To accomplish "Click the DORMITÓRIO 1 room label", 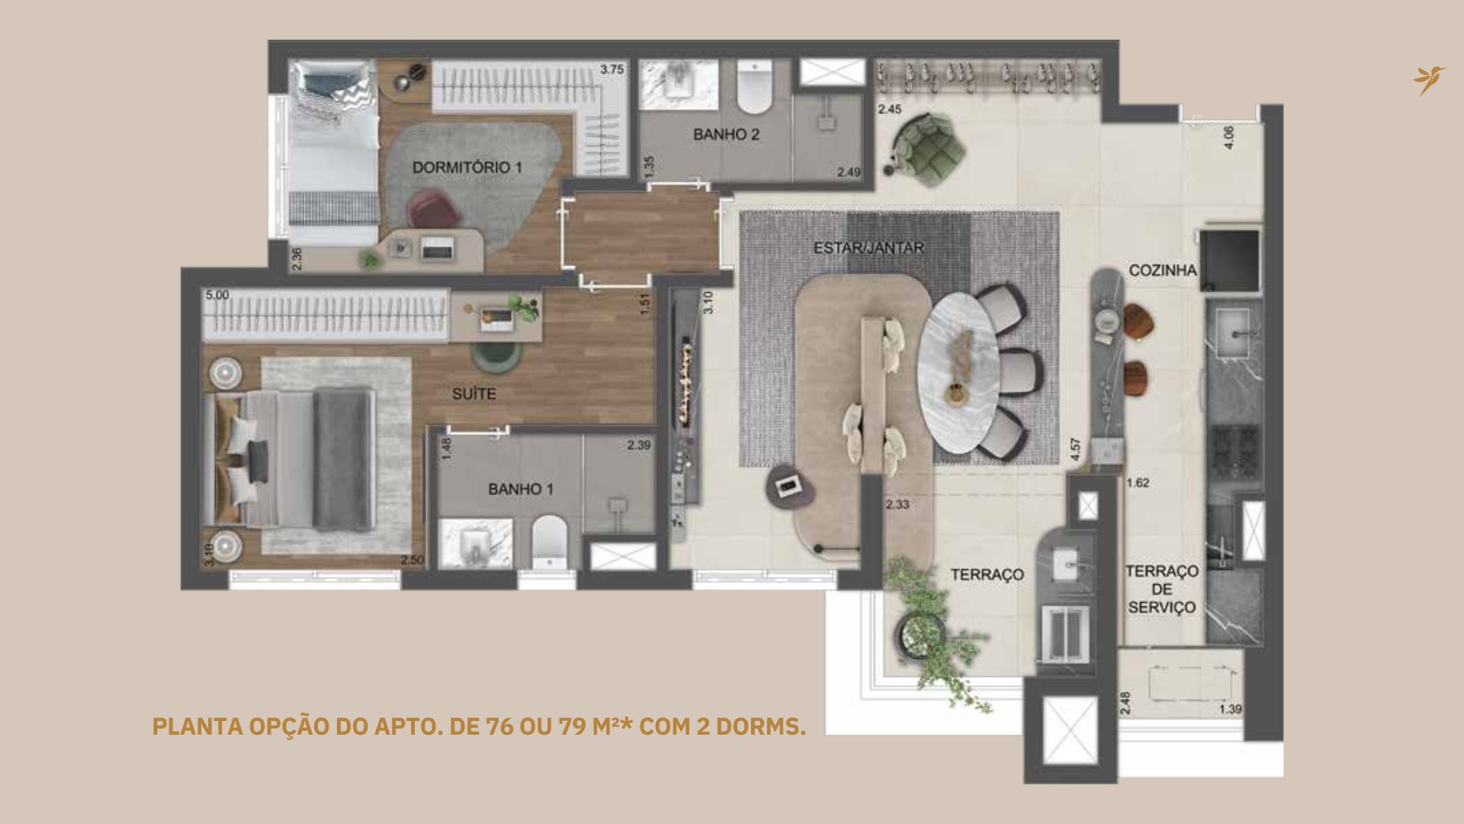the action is [467, 167].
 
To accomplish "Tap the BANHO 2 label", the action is [726, 135].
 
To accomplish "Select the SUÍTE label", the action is [474, 394].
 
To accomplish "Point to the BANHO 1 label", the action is [521, 489].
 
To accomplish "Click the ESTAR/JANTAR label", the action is [868, 248].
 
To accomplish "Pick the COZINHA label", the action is [1162, 270].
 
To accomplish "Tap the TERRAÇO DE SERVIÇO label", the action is [1162, 589].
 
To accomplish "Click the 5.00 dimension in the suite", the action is [217, 295].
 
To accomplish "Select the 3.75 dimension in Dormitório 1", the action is [612, 69].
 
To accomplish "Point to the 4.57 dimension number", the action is [1075, 448].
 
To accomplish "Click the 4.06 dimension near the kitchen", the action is [1228, 137].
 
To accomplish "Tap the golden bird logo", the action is [1429, 80].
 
